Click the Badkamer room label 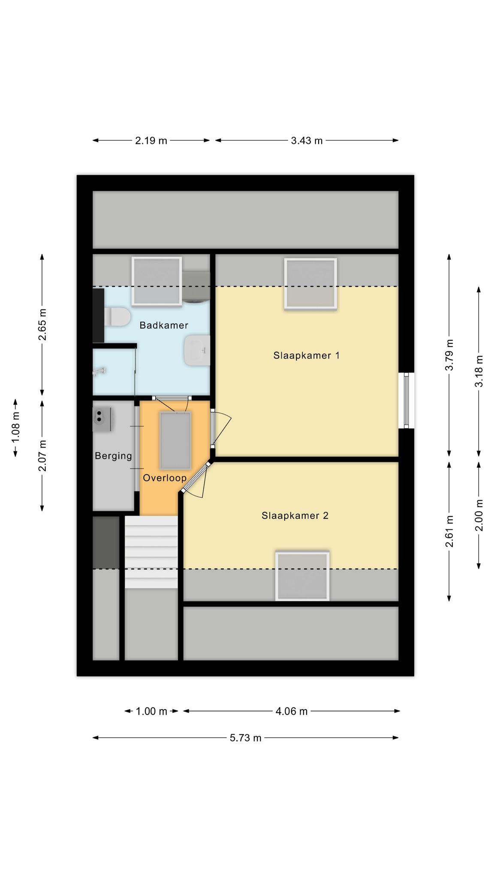click(x=164, y=325)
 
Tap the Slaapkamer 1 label click(x=307, y=355)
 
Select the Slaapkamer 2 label click(x=295, y=515)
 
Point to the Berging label click(x=113, y=456)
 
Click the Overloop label click(x=165, y=478)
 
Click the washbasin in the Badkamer click(x=197, y=350)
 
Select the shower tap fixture click(x=99, y=371)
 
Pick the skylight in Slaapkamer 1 click(x=310, y=283)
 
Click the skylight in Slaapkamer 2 click(x=302, y=576)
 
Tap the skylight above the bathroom click(x=157, y=282)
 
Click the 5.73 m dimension click(x=246, y=737)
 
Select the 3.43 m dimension click(x=307, y=140)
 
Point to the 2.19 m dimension click(x=151, y=140)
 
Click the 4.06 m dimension click(x=292, y=711)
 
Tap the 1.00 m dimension click(x=151, y=711)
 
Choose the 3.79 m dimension click(x=449, y=355)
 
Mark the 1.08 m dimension click(x=15, y=428)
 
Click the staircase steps click(x=151, y=552)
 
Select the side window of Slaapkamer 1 click(x=407, y=400)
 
